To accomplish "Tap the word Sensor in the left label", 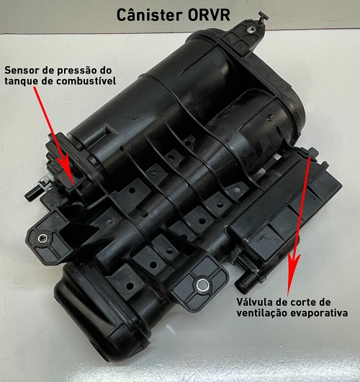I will tap(22, 70).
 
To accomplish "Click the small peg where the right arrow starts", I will tap(313, 150).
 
